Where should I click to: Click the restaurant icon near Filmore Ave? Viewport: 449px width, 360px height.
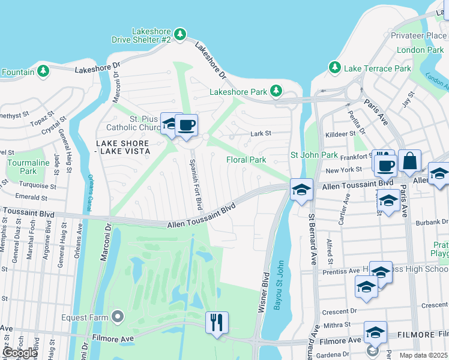click(217, 322)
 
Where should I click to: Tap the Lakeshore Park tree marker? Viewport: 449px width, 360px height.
click(276, 91)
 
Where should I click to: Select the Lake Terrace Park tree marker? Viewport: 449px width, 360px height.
click(335, 68)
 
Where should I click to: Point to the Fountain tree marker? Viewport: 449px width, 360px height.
click(43, 71)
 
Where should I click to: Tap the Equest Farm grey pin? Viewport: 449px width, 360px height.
click(118, 316)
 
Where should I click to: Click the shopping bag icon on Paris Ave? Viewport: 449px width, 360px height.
click(410, 160)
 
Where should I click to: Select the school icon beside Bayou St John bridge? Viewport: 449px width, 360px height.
click(300, 190)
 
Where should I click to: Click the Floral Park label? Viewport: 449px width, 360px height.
click(246, 160)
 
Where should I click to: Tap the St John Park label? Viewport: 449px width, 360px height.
click(314, 155)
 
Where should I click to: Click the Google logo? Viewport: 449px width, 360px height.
click(20, 353)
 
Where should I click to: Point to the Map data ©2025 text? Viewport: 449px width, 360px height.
click(423, 355)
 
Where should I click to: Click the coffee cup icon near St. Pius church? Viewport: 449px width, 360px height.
click(187, 125)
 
